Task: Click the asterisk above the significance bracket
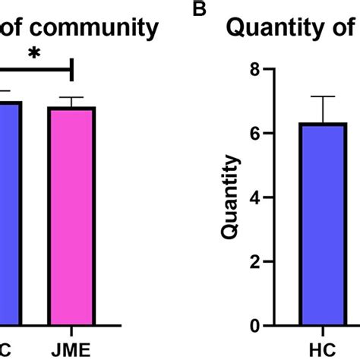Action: [x=33, y=55]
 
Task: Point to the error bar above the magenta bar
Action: [x=71, y=102]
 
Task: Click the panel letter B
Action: [x=200, y=9]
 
